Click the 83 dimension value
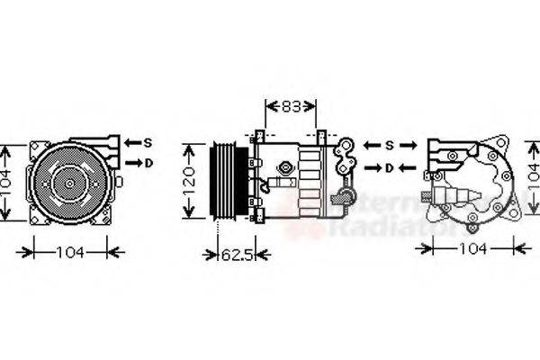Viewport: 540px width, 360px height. tap(290, 106)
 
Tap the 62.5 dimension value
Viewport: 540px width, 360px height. tap(237, 255)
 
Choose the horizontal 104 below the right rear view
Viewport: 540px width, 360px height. tap(468, 247)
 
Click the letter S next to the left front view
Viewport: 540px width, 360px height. tap(148, 142)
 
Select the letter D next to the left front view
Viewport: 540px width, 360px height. tap(148, 163)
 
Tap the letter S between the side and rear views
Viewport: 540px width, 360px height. tap(391, 145)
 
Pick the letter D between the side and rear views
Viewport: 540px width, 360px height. tap(390, 168)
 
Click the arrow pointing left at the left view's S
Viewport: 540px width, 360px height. tap(130, 142)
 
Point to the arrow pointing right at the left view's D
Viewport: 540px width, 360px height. tap(131, 163)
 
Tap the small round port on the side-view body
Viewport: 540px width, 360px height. tap(287, 168)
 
